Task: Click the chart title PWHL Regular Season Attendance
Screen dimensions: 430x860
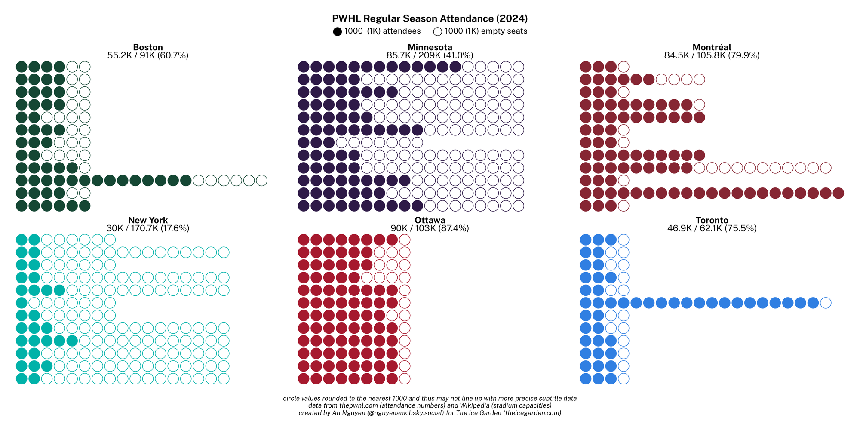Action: [430, 18]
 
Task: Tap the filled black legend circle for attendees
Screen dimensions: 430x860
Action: [338, 31]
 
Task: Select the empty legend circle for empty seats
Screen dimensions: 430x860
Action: [438, 31]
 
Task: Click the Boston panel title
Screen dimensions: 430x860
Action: [148, 47]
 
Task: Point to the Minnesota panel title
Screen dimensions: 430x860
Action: [430, 47]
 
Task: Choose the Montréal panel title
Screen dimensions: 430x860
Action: [712, 47]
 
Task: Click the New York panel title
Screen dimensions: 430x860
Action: [148, 221]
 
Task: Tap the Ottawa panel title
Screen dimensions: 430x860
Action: [430, 221]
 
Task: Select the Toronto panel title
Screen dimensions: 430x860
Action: [712, 221]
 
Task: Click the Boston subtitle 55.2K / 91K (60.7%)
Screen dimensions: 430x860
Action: [148, 55]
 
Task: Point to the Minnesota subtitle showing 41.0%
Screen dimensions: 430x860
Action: [430, 55]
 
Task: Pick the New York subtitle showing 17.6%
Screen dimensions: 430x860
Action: [148, 229]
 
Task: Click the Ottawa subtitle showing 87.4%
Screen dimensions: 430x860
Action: [430, 229]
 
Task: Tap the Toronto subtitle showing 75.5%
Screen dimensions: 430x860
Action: [712, 229]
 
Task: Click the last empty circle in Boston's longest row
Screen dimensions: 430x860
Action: [261, 181]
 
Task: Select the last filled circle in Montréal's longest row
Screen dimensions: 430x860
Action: [838, 193]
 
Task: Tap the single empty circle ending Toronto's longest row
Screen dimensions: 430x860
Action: [826, 303]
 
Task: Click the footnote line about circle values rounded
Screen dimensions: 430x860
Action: [430, 399]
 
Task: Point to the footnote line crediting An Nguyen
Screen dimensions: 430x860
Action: [430, 413]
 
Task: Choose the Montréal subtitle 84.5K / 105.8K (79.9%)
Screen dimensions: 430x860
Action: [712, 55]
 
